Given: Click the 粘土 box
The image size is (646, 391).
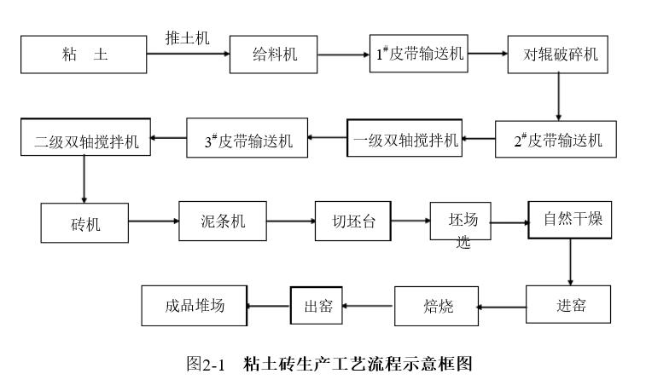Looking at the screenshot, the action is coord(84,55).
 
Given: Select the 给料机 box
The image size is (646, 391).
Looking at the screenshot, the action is coord(274,55).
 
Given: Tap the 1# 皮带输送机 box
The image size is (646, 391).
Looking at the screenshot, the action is coord(419,54).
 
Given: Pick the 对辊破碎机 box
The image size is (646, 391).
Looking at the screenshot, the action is coord(558,55).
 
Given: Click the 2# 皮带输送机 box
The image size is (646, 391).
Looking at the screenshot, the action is coord(556,139).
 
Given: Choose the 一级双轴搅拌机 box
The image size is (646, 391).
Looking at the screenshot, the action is coord(404,138).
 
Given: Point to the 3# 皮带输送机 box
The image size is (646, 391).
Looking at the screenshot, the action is coord(247,138).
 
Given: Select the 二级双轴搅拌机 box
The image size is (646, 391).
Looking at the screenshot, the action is coord(85,137).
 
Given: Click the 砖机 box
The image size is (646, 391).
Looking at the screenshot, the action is coord(84,223).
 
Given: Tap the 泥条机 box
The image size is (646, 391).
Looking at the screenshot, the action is coord(223,221).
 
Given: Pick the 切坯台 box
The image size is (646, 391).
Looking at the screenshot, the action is coord(353,221).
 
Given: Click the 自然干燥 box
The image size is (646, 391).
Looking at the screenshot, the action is coord(570,220).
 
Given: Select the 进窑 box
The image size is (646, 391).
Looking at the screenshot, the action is coord(568,305).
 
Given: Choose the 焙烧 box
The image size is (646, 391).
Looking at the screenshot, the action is coord(437,307).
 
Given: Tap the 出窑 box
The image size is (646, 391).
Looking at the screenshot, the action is coord(317,306).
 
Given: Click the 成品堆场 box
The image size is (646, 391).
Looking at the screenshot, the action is coord(195,306).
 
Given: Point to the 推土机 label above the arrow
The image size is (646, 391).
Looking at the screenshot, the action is coord(188,38).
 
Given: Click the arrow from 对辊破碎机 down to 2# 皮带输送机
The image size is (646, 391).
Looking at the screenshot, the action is coord(559,97).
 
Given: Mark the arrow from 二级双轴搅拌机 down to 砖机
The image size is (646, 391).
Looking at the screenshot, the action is coord(84,179).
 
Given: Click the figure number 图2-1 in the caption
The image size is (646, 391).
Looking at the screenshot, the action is coord(206,364).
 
